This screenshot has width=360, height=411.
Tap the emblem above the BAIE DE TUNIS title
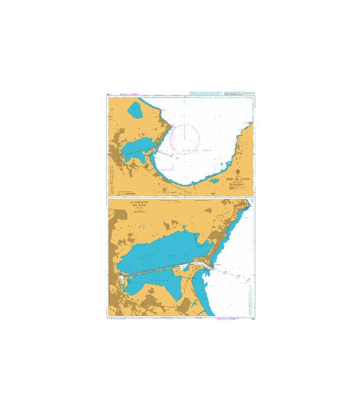tap(237, 172)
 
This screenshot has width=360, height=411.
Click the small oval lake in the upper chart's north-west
tap(137, 109)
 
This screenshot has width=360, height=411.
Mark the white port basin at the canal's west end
tap(122, 277)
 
